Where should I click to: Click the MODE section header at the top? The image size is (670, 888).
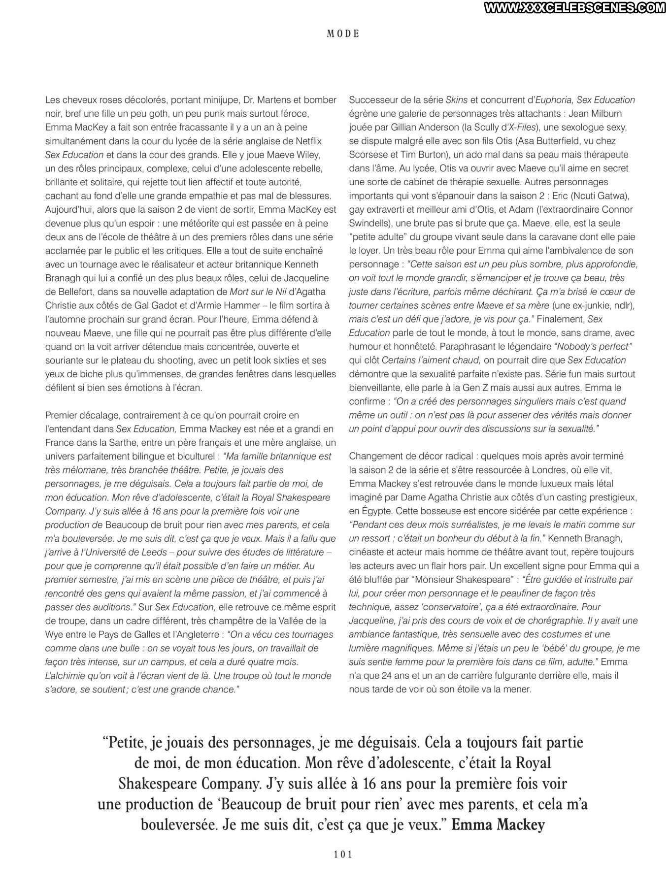coord(343,34)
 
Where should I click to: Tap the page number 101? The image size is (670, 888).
coord(343,855)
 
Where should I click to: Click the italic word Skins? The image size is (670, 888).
coord(457,100)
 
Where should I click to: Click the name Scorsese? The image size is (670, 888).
coord(368,155)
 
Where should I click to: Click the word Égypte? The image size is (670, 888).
coord(375,511)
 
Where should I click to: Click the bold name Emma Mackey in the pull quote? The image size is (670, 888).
coord(498,825)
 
